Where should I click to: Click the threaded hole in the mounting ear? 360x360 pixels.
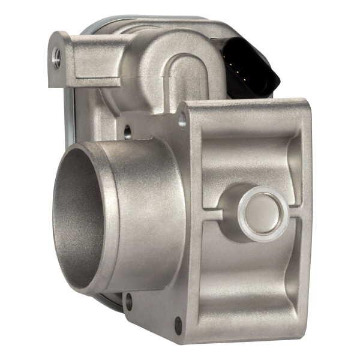tap(56, 56)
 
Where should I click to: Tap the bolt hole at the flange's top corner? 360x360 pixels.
tap(182, 122)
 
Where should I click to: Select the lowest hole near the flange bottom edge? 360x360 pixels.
tap(178, 328)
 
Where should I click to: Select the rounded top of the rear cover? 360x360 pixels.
tap(150, 24)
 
